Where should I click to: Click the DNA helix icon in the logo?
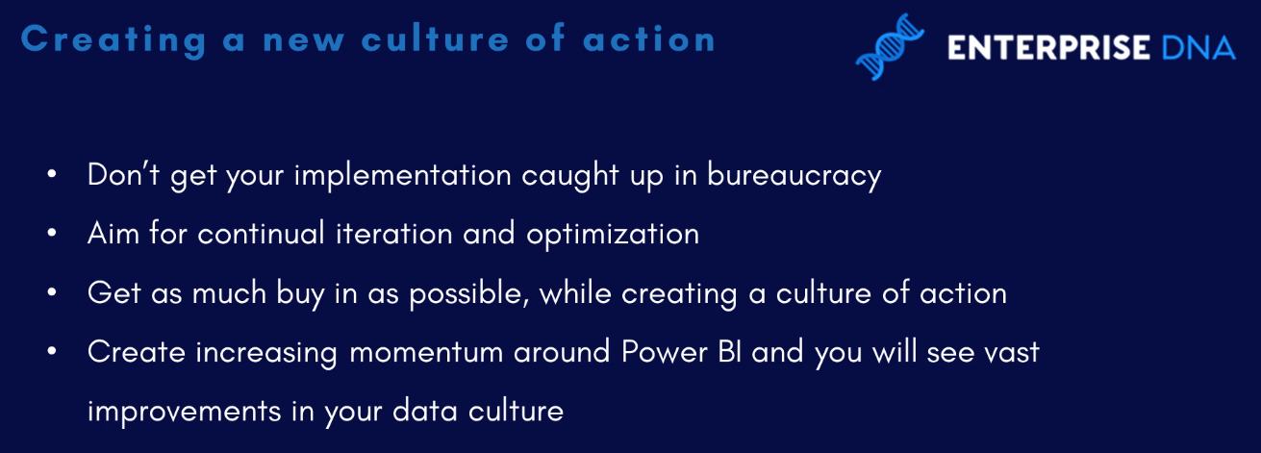pyautogui.click(x=890, y=47)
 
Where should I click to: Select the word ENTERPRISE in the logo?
pyautogui.click(x=1048, y=47)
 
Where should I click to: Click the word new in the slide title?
pyautogui.click(x=304, y=40)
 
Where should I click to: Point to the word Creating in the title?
pyautogui.click(x=113, y=41)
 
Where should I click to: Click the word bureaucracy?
pyautogui.click(x=794, y=176)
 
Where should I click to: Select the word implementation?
pyautogui.click(x=402, y=176)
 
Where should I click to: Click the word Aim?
pyautogui.click(x=113, y=233)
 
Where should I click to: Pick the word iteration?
pyautogui.click(x=394, y=233)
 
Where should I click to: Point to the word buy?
pyautogui.click(x=300, y=293)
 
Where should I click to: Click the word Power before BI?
pyautogui.click(x=665, y=352)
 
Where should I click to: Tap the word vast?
pyautogui.click(x=1011, y=353)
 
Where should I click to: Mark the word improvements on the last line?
pyautogui.click(x=184, y=412)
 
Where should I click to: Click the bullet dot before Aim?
pyautogui.click(x=52, y=233)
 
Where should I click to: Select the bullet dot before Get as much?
pyautogui.click(x=52, y=292)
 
